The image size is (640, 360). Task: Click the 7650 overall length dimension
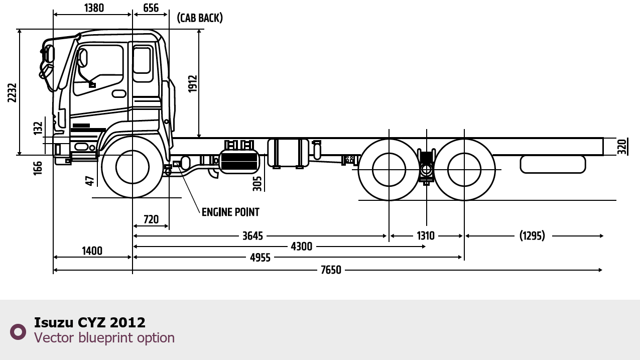click(331, 270)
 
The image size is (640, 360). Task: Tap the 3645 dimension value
click(252, 236)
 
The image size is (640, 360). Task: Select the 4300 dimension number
click(302, 247)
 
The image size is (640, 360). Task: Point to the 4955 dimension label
click(260, 258)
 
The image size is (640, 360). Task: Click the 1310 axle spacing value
click(426, 235)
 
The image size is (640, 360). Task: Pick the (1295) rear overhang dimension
click(532, 235)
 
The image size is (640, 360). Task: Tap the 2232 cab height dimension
click(12, 92)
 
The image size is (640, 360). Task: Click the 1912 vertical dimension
click(193, 84)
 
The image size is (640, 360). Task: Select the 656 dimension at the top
click(151, 8)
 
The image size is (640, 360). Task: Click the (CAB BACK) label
click(200, 18)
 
